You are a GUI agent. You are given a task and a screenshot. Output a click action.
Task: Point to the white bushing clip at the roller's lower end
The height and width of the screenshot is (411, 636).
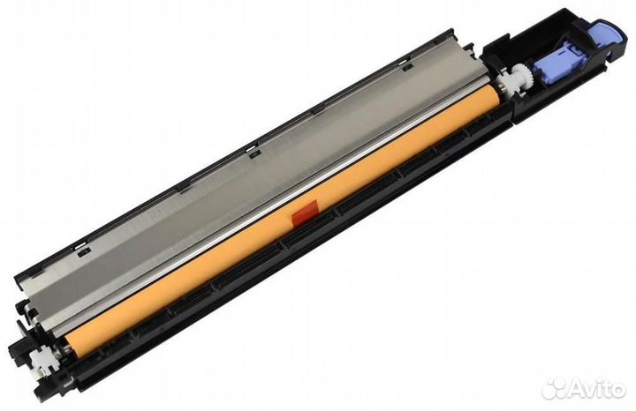coord(42,356)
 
